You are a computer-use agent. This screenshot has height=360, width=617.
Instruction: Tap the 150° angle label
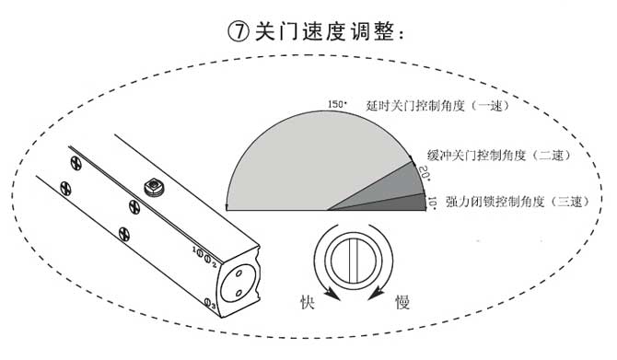(338, 105)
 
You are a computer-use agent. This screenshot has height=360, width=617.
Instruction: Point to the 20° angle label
(425, 171)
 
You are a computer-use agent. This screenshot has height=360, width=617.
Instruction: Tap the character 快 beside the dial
(308, 301)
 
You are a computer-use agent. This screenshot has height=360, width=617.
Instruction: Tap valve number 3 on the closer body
(211, 303)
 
